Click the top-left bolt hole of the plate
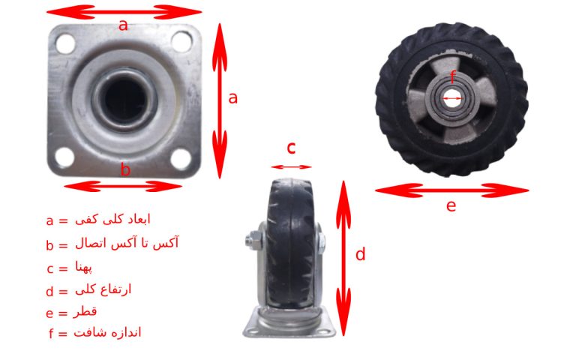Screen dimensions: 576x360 click(x=65, y=43)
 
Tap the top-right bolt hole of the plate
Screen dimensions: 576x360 click(x=181, y=41)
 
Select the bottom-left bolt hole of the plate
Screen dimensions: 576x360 click(x=64, y=157)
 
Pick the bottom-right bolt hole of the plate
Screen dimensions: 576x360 click(x=181, y=159)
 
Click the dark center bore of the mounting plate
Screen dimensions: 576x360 click(x=124, y=99)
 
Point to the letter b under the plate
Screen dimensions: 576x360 click(x=125, y=169)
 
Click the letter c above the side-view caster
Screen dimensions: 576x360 click(x=291, y=148)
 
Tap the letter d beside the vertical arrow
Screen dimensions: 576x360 click(x=360, y=253)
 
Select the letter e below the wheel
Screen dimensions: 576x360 click(x=451, y=205)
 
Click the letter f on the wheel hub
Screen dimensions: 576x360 click(x=452, y=77)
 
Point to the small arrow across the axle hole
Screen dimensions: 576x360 click(x=452, y=98)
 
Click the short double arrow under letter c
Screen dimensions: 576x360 click(x=291, y=167)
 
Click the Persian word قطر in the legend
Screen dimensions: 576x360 click(x=85, y=312)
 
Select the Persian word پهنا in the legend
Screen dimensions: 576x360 click(x=84, y=267)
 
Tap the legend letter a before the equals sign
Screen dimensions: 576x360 click(x=50, y=220)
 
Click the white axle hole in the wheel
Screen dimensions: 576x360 click(x=452, y=98)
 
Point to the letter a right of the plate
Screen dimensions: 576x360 click(x=233, y=98)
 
